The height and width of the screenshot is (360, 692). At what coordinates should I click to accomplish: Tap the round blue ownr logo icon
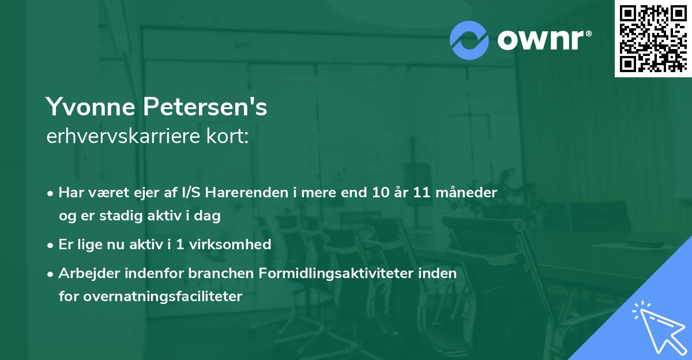click(469, 40)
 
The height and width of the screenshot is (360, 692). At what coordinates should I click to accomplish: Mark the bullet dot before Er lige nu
click(51, 245)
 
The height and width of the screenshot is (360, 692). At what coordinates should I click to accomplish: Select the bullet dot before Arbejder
click(51, 273)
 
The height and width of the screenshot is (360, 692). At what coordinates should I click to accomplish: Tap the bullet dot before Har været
click(51, 193)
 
